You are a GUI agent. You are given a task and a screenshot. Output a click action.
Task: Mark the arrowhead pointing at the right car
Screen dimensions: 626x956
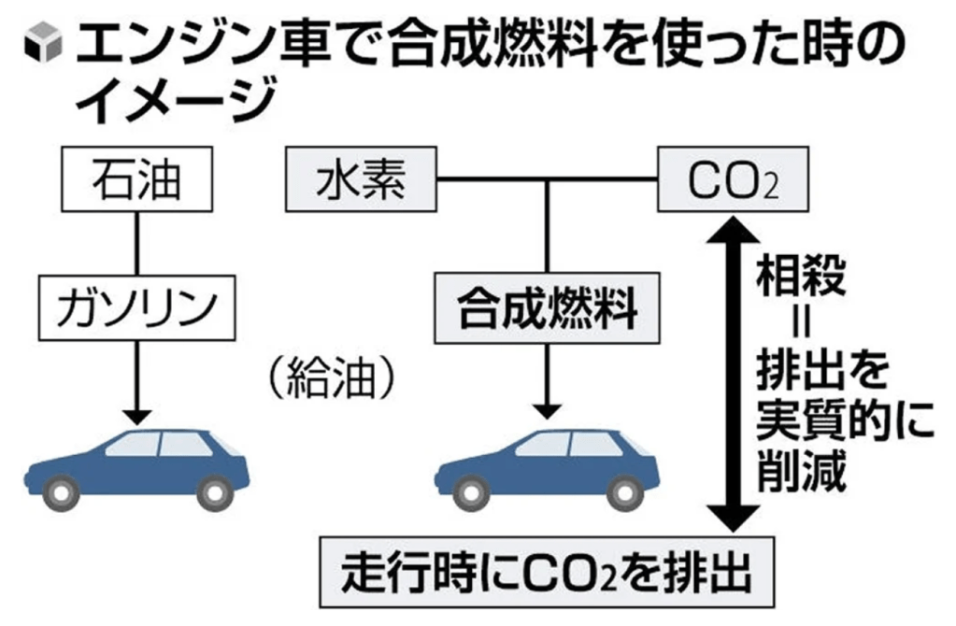[x=547, y=410]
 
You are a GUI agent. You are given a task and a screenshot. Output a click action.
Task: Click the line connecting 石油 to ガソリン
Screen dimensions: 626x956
[x=137, y=243]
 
